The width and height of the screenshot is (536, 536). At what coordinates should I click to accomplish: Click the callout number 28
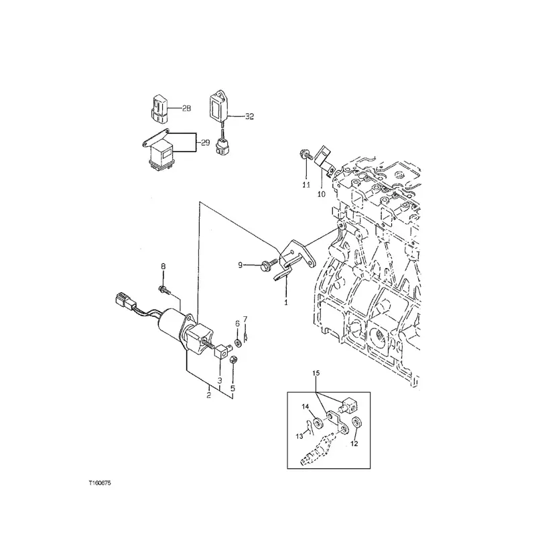(186, 109)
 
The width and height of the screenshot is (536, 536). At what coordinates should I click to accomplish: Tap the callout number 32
(249, 117)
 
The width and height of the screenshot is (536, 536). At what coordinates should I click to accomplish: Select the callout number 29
(205, 143)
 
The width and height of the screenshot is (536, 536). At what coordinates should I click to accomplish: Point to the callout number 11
(306, 185)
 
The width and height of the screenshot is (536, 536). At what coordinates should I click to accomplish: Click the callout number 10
(322, 194)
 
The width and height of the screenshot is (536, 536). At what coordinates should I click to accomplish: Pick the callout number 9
(240, 265)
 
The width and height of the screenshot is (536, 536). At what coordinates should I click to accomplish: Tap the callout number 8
(163, 266)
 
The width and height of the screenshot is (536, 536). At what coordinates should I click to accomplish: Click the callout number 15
(316, 373)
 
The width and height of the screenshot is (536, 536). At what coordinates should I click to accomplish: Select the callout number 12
(354, 444)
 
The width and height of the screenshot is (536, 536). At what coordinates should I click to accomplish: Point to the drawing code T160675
(100, 483)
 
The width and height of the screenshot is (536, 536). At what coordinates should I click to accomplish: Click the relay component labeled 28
(158, 109)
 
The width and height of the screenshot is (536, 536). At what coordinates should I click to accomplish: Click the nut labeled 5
(233, 360)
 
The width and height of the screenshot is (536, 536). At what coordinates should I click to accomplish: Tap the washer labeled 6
(239, 342)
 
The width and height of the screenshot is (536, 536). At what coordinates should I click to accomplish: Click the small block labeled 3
(222, 351)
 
